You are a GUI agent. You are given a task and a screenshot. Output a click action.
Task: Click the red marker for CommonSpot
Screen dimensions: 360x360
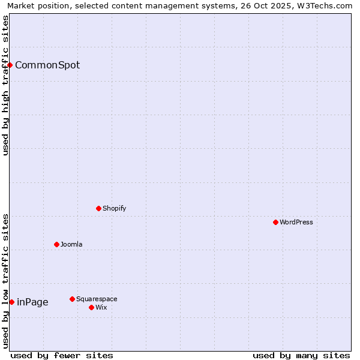pyautogui.click(x=10, y=65)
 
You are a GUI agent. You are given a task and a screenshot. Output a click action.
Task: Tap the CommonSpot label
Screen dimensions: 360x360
pyautogui.click(x=47, y=65)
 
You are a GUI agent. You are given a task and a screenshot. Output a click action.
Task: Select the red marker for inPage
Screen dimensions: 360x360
pyautogui.click(x=11, y=302)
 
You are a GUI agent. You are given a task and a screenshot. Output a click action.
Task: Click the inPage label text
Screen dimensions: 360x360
pyautogui.click(x=32, y=302)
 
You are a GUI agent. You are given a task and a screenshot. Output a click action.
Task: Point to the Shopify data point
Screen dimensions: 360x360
pyautogui.click(x=98, y=208)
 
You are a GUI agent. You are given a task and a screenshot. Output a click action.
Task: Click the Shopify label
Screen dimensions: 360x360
pyautogui.click(x=114, y=209)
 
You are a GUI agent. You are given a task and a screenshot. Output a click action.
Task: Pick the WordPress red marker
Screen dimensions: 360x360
pyautogui.click(x=275, y=222)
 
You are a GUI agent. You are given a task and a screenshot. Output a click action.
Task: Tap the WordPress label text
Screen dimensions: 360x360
pyautogui.click(x=296, y=223)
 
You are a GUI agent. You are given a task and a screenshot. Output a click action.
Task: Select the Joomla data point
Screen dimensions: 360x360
pyautogui.click(x=56, y=244)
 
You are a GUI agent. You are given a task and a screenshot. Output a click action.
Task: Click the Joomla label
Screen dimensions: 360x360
pyautogui.click(x=71, y=245)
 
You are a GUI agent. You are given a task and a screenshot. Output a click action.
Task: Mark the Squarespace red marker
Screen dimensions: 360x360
pyautogui.click(x=72, y=299)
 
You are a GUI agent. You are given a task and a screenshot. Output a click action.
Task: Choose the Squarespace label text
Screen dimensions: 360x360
pyautogui.click(x=97, y=299)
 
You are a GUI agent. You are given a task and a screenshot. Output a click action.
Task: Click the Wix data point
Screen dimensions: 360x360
pyautogui.click(x=91, y=307)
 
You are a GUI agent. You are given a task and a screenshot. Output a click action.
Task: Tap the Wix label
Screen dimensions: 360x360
pyautogui.click(x=101, y=308)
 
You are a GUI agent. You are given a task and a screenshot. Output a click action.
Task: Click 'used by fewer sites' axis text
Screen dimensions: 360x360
pyautogui.click(x=62, y=355)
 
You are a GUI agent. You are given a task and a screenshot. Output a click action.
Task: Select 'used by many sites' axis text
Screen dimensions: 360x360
pyautogui.click(x=301, y=355)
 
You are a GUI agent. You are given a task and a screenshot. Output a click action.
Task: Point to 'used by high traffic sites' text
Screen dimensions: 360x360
pyautogui.click(x=6, y=85)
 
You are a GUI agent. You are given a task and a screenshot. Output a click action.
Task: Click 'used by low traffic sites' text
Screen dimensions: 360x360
pyautogui.click(x=6, y=281)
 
